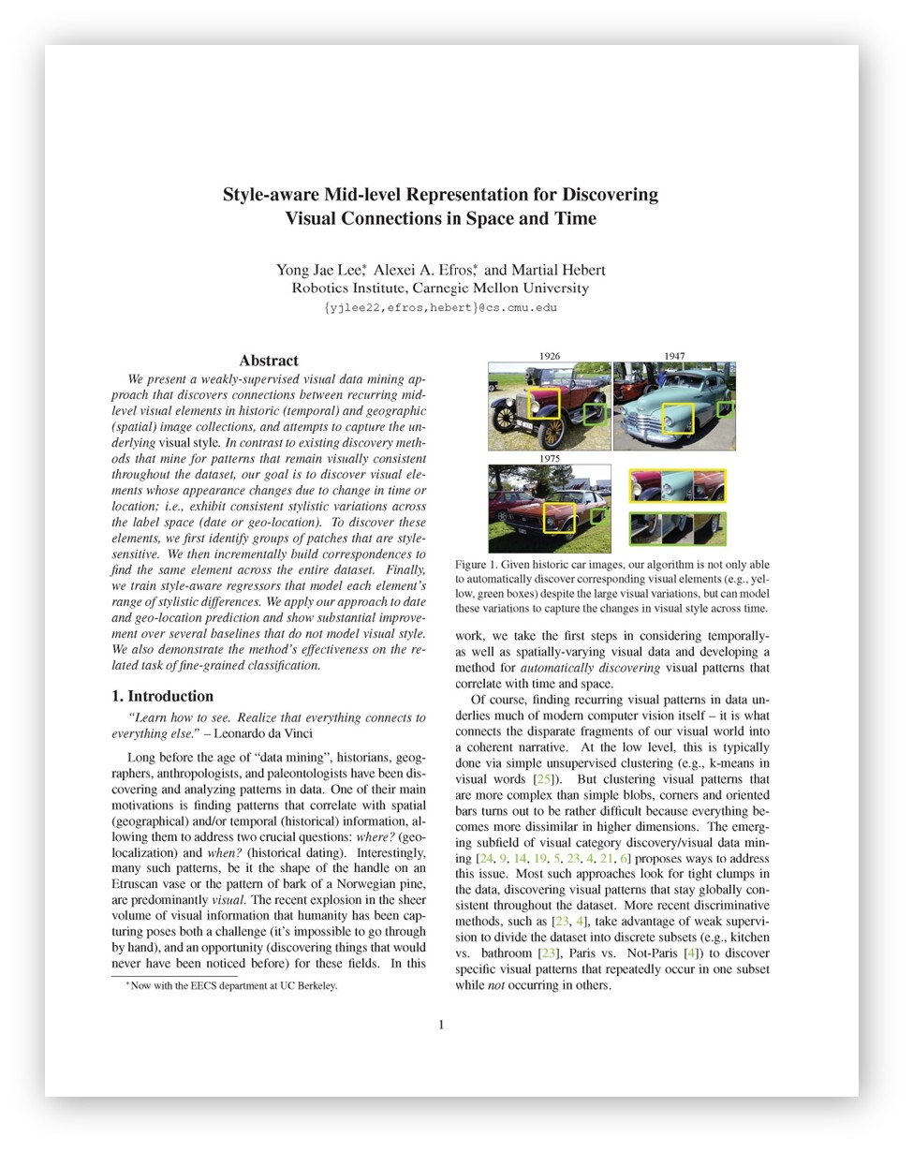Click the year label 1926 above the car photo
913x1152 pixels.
[550, 356]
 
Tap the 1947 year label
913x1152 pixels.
[674, 356]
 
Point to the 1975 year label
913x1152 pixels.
[550, 459]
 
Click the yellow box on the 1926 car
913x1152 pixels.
[544, 404]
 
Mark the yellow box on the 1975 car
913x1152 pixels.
[559, 518]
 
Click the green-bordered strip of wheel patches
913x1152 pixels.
[677, 529]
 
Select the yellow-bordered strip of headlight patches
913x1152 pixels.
[677, 486]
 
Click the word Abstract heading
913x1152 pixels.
[269, 361]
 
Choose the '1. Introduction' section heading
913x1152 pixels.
[162, 696]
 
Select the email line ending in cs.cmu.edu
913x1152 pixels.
[440, 308]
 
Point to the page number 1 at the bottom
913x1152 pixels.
[441, 1025]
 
